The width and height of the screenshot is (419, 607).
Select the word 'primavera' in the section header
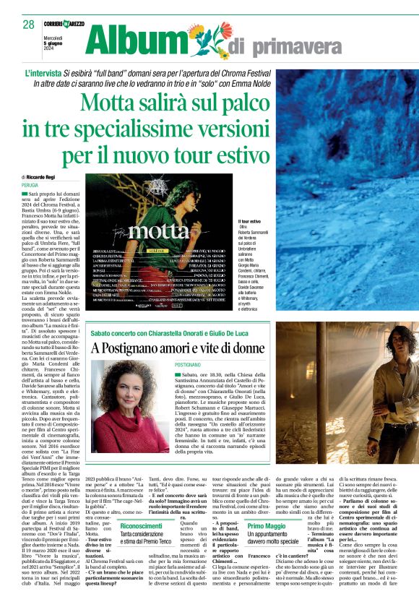pyautogui.click(x=303, y=48)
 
